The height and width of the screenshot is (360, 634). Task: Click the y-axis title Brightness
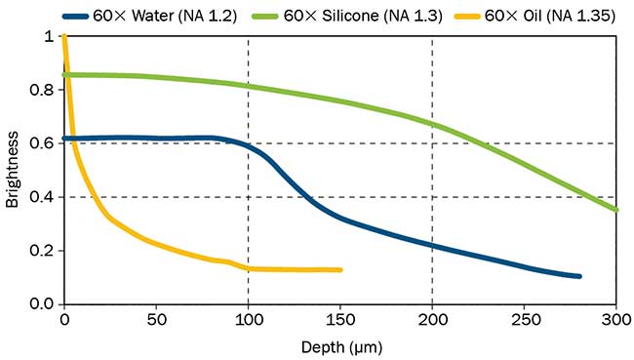12,171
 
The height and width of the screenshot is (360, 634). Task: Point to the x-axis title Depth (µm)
339,346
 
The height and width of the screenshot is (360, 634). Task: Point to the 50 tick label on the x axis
156,319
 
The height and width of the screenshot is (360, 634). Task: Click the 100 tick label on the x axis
248,319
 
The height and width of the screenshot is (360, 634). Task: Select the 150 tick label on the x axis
340,319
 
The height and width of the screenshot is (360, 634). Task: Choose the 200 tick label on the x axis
432,319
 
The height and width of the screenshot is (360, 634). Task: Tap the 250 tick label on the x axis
525,319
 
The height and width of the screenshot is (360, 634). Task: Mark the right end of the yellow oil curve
340,269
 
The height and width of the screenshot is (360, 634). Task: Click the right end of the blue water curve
579,276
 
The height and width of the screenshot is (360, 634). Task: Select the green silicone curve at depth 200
432,124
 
